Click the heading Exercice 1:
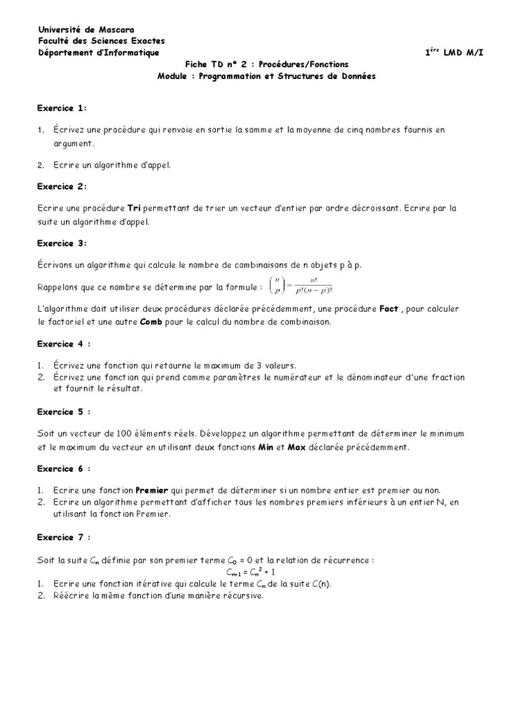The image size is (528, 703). pyautogui.click(x=62, y=108)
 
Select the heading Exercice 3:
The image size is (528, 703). pyautogui.click(x=62, y=243)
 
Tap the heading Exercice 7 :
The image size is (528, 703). pyautogui.click(x=64, y=537)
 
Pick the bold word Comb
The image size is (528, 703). pyautogui.click(x=151, y=321)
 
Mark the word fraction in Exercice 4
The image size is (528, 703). pyautogui.click(x=445, y=378)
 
